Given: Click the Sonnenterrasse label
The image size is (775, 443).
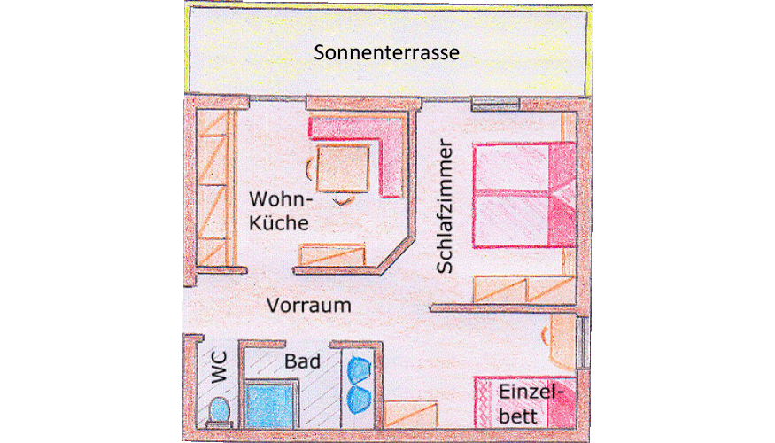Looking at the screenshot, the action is (387, 52).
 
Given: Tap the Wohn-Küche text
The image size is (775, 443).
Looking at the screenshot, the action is (279, 210).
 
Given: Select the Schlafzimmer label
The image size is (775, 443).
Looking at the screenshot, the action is (446, 206).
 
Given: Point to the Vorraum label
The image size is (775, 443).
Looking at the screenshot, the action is (309, 306).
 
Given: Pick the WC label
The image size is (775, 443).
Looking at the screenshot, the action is (218, 365).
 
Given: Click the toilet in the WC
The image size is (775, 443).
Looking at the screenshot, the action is (219, 412).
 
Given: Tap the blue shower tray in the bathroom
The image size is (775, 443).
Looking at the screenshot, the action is (271, 406).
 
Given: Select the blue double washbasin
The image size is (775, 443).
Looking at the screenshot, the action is (359, 384).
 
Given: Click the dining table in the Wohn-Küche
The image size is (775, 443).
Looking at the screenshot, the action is (341, 167).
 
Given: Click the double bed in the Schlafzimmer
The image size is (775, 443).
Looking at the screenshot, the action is (518, 194).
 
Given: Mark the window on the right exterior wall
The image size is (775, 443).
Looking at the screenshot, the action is (582, 341).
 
